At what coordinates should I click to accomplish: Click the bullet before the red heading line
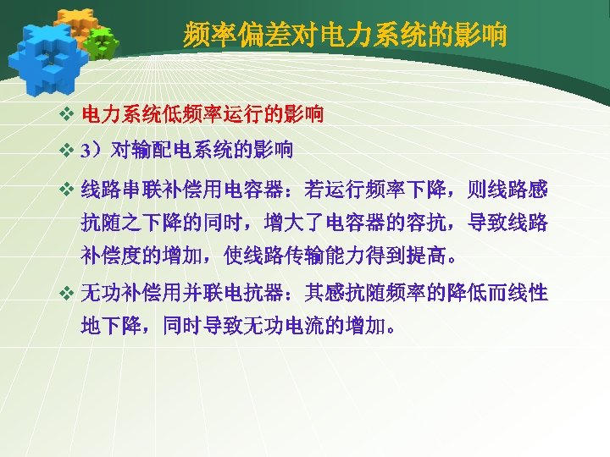point(69,113)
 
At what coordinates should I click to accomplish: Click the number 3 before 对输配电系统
point(85,151)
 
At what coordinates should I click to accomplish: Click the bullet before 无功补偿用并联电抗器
point(69,295)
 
